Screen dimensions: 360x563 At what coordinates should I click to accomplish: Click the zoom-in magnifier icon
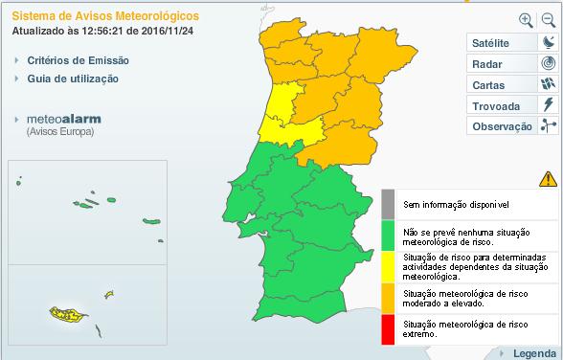(526, 19)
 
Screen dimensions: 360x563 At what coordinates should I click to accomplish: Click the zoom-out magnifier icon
(548, 19)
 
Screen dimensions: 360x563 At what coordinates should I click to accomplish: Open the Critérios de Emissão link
(79, 60)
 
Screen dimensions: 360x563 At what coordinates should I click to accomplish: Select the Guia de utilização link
(74, 79)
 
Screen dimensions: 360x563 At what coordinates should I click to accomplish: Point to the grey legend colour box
(388, 204)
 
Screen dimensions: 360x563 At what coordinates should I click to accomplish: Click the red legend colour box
(388, 329)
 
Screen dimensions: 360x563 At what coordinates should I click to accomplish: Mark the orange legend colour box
(388, 298)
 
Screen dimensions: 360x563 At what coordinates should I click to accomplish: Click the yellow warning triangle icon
(548, 178)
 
